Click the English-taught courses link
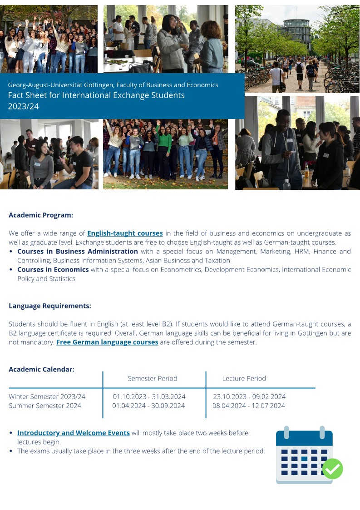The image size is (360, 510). [125, 233]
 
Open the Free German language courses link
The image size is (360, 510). [107, 342]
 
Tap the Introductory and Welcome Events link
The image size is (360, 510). [74, 433]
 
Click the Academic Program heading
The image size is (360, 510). [41, 215]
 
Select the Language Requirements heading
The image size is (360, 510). [50, 306]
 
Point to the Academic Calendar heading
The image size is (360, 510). [41, 369]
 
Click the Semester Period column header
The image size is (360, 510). [153, 378]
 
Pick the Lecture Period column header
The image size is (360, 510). [244, 378]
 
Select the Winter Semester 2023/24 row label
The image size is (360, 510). [47, 396]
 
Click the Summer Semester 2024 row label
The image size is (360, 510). [45, 406]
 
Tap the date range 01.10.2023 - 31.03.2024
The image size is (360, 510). [149, 396]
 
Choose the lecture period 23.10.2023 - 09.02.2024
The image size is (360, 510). [249, 396]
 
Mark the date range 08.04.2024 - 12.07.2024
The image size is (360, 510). [249, 406]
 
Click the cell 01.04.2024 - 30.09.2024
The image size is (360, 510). [149, 406]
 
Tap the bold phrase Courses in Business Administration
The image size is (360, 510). [78, 251]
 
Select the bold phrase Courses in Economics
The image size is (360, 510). [53, 269]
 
